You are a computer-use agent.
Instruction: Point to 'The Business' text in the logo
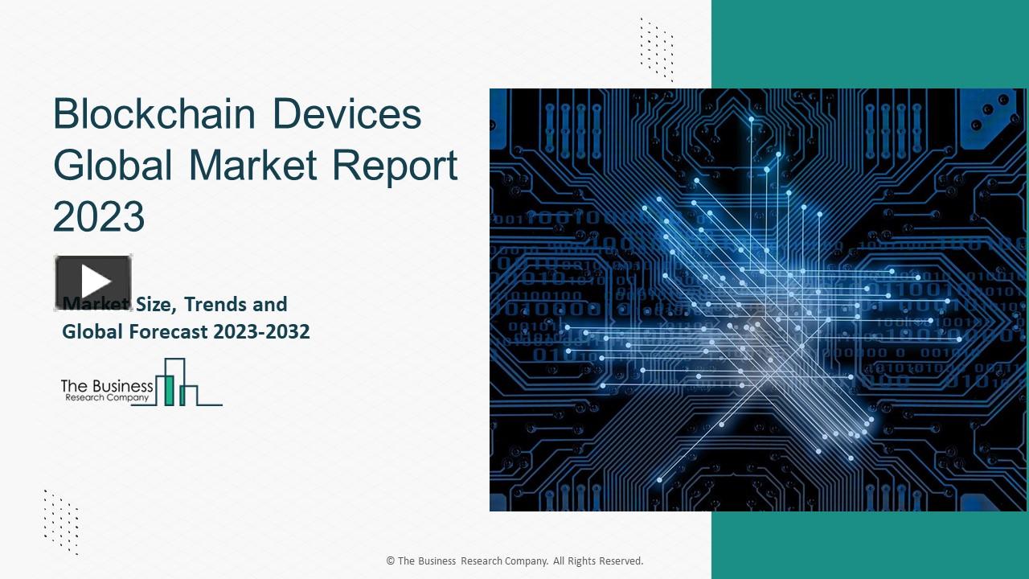click(x=107, y=387)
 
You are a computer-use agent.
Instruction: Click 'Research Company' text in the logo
click(x=106, y=398)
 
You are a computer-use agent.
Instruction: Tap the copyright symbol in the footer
click(x=391, y=561)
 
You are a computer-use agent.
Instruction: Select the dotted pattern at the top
click(x=657, y=49)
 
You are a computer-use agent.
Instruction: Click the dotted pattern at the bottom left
click(x=61, y=521)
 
